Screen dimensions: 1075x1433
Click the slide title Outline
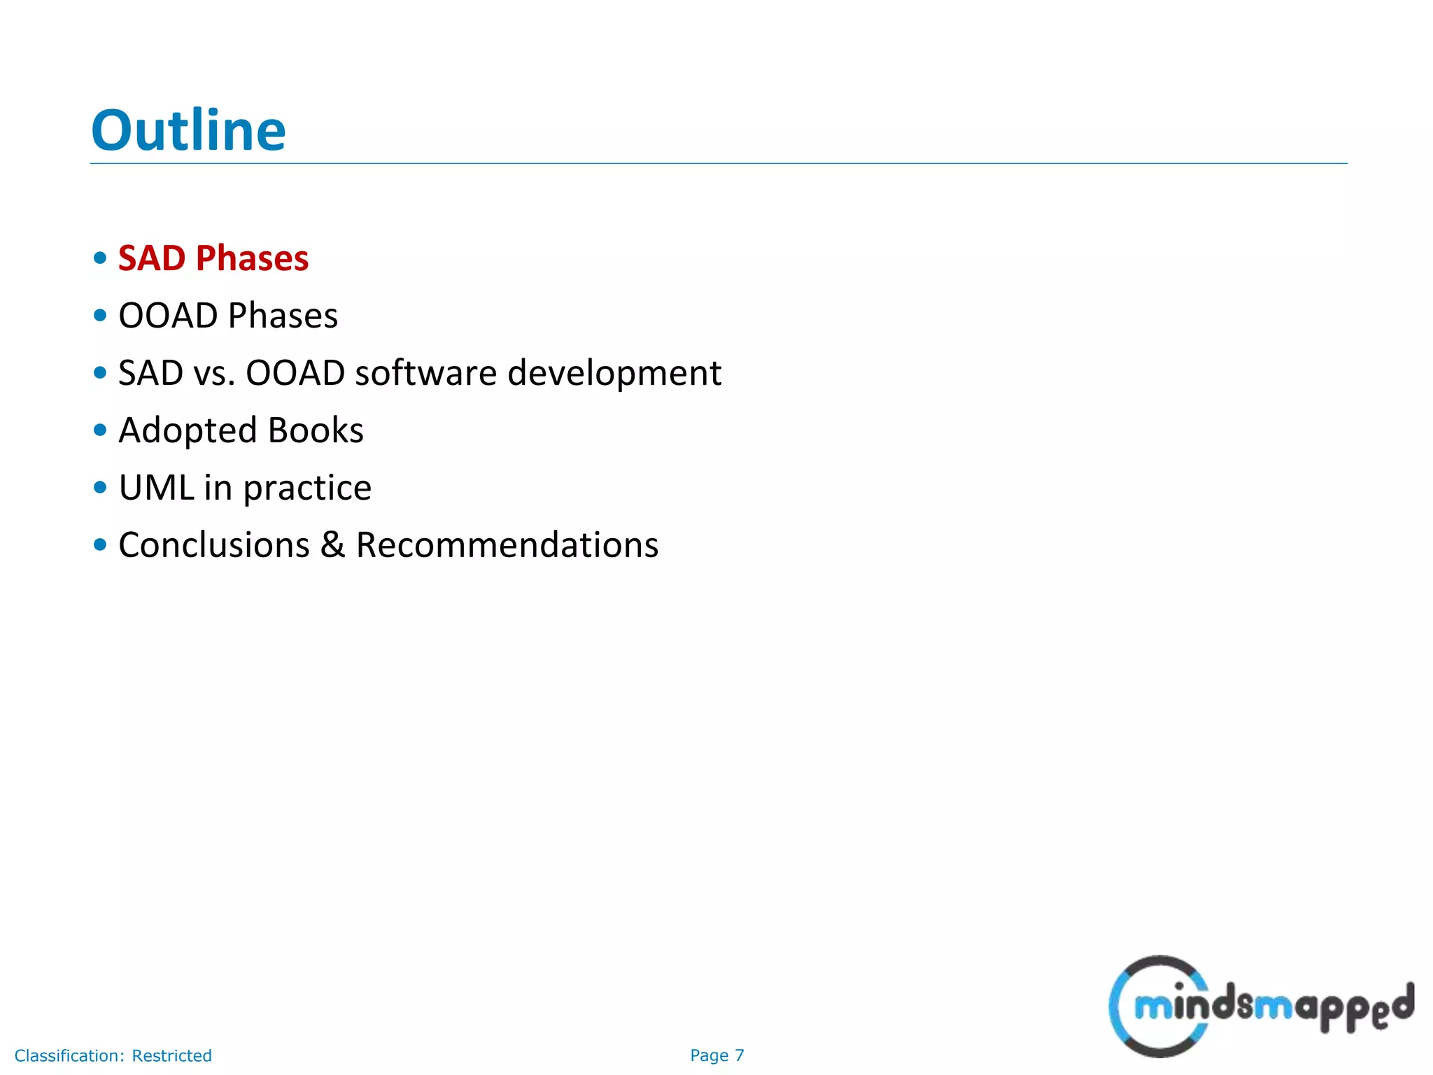[188, 131]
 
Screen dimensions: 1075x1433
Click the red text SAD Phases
[213, 258]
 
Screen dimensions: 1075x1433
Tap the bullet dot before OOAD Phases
[100, 316]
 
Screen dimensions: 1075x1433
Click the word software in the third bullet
[425, 373]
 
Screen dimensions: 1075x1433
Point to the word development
[614, 373]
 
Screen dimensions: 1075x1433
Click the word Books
[316, 430]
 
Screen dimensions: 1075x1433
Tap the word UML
[156, 488]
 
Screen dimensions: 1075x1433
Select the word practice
[307, 489]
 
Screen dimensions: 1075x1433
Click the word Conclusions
[214, 545]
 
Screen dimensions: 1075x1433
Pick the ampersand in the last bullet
[333, 545]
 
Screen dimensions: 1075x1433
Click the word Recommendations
[507, 545]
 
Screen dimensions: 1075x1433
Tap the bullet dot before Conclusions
[100, 544]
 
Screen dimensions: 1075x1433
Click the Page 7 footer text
[716, 1055]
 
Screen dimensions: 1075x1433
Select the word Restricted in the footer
[171, 1055]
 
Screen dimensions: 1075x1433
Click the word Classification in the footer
[69, 1055]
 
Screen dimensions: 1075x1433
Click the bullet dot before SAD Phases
[100, 258]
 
